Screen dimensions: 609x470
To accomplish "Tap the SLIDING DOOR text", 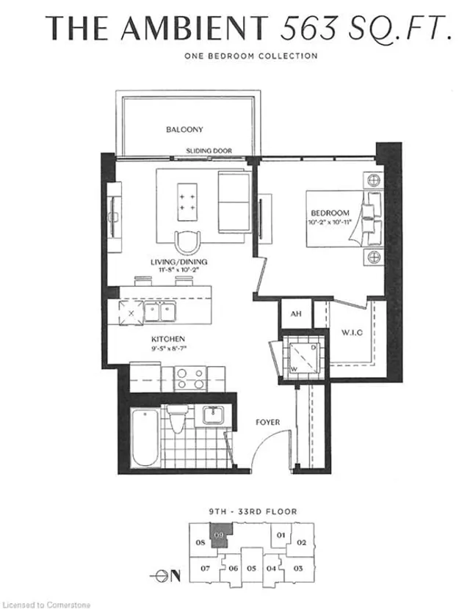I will click(209, 151).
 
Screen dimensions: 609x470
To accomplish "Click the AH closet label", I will click(296, 314).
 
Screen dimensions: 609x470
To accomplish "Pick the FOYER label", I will click(266, 423).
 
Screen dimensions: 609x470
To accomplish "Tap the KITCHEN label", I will click(167, 339).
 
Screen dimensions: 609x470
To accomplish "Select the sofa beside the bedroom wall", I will click(234, 201).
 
